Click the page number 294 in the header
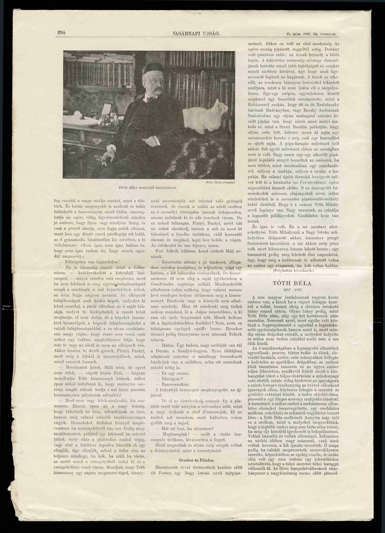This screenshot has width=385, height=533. [61, 33]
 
